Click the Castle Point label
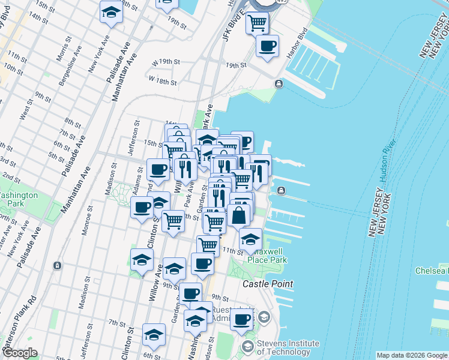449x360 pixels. (268, 283)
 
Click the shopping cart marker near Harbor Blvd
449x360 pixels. (257, 23)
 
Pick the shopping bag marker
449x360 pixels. (238, 215)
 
